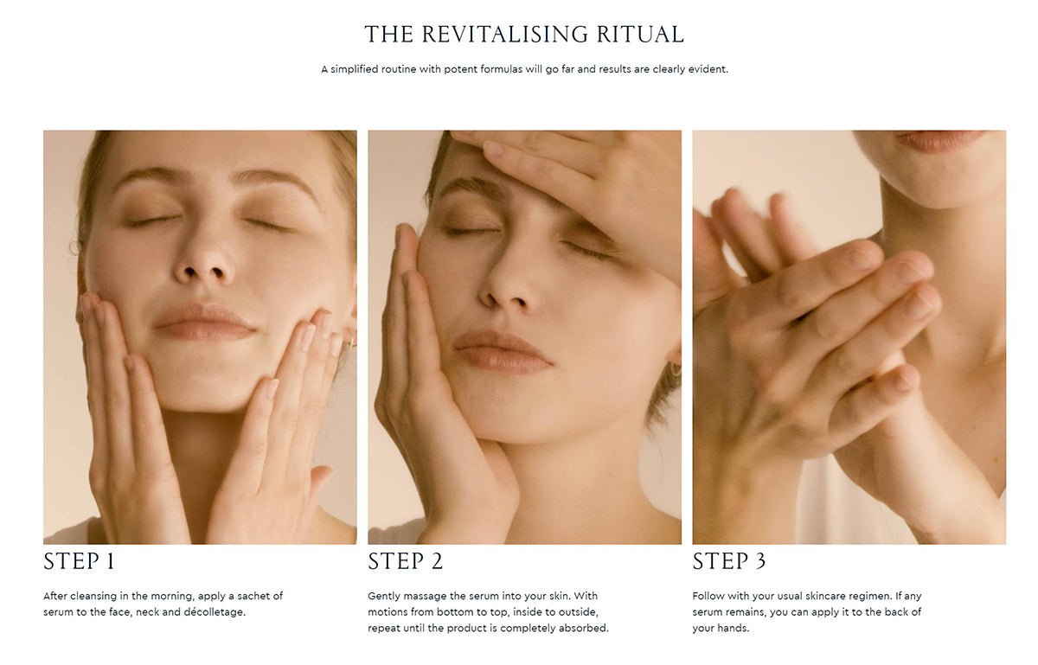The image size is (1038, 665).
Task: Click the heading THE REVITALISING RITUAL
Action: coord(524,35)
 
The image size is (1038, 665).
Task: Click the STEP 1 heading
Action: coord(79,561)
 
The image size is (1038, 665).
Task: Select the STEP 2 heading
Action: coord(405,561)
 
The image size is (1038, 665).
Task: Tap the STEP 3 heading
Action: coord(728,561)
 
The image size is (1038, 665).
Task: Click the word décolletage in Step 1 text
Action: coord(215,612)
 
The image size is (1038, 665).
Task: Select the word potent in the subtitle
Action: coord(463,69)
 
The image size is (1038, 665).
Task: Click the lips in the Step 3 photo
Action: coord(939,139)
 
